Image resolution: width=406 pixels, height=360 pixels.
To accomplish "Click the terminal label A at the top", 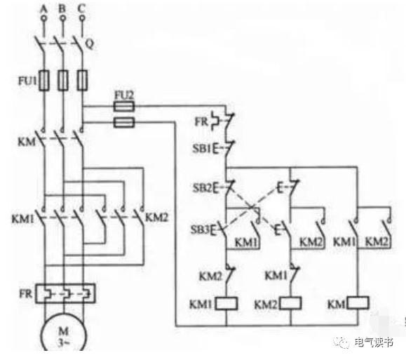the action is [43, 9].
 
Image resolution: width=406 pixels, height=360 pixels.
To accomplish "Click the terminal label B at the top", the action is [62, 9].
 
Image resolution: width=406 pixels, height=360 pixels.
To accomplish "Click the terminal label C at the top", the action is [81, 9].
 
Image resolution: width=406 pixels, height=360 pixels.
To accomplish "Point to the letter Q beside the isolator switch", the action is [89, 44].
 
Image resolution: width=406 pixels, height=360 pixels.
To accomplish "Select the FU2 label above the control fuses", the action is [124, 95].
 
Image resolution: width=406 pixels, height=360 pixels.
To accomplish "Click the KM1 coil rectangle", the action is [226, 303].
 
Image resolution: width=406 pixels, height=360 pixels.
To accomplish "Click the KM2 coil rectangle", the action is [291, 303].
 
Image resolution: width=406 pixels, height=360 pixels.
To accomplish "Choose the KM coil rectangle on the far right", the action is [358, 302].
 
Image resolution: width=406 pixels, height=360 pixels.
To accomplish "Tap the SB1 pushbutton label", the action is [202, 148].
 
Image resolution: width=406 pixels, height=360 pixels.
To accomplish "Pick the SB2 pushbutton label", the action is [202, 187].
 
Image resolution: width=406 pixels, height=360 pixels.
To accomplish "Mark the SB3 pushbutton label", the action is [200, 229].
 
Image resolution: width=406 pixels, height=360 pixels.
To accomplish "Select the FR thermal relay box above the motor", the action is [65, 293].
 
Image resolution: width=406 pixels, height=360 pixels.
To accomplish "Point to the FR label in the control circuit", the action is [201, 121].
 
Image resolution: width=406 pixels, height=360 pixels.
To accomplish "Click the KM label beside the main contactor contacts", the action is [27, 142].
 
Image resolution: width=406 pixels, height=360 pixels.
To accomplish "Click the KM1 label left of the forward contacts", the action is [22, 219].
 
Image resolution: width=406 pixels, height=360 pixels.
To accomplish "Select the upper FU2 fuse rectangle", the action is [124, 106].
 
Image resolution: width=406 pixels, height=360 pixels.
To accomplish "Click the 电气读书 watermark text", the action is [374, 342].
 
